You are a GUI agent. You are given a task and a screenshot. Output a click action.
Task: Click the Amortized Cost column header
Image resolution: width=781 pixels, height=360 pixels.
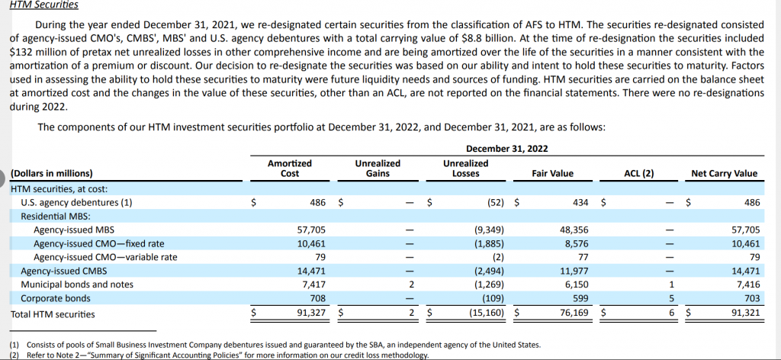click(x=290, y=169)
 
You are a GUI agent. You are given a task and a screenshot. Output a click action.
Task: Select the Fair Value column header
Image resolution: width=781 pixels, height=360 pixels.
click(x=552, y=174)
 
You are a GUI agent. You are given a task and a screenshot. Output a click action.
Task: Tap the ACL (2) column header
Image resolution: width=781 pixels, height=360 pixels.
click(x=639, y=174)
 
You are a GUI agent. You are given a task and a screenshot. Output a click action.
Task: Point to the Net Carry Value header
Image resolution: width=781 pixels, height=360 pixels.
click(x=724, y=174)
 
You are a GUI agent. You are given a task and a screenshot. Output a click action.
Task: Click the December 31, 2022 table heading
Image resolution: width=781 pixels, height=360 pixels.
click(x=506, y=148)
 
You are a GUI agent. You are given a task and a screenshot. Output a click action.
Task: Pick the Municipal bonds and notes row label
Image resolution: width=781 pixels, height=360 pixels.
click(x=77, y=284)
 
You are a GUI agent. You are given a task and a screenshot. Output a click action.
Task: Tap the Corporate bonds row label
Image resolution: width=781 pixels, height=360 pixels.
click(x=56, y=298)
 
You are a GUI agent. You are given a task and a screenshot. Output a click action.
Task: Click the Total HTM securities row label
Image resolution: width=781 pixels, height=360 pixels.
click(x=53, y=313)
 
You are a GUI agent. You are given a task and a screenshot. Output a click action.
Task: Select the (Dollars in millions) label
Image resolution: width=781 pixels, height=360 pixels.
click(x=52, y=174)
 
